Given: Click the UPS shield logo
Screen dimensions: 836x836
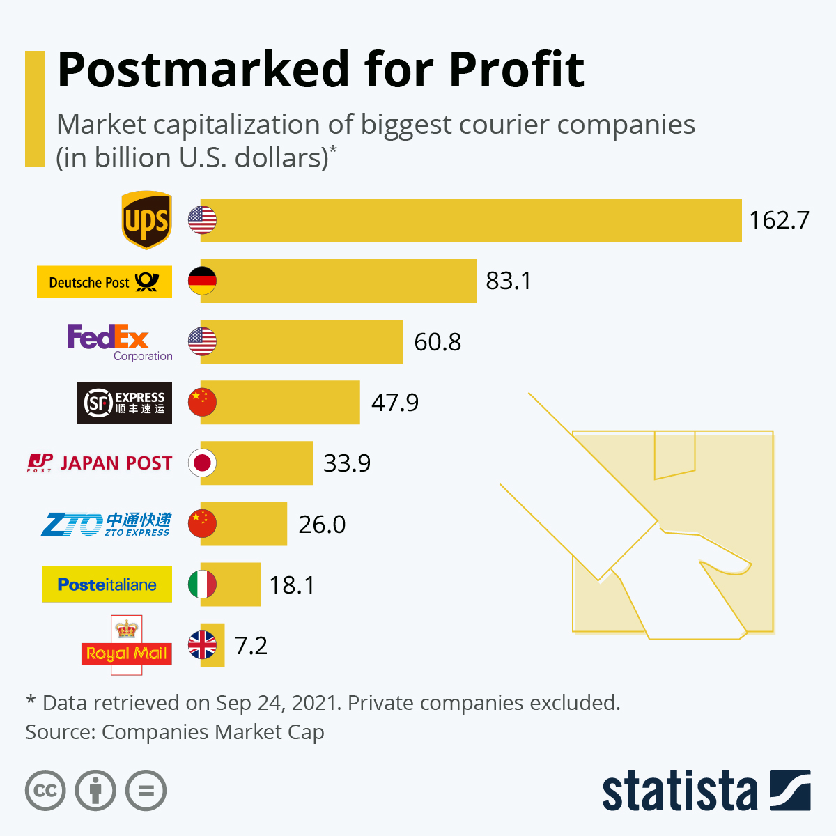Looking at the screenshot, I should click(146, 220).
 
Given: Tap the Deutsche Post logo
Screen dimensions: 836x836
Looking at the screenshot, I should click(104, 282).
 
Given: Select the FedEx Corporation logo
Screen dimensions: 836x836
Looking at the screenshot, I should click(119, 342).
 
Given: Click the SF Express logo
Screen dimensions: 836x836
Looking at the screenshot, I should click(124, 403).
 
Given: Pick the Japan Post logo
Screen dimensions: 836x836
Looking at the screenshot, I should click(100, 463).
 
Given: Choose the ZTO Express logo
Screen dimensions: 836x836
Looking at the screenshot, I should click(106, 524).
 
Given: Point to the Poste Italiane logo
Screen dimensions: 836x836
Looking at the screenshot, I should click(107, 585).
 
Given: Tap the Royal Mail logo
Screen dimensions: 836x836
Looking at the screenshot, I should click(126, 646).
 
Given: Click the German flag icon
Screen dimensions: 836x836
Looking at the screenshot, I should click(202, 281).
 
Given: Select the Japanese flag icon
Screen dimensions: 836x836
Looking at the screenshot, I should click(202, 463).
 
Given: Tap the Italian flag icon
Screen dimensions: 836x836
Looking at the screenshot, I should click(202, 585).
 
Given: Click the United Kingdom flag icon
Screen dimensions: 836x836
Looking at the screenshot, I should click(202, 646).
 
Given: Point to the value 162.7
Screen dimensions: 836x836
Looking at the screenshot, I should click(779, 220).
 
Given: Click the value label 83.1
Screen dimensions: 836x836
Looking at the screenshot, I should click(509, 281).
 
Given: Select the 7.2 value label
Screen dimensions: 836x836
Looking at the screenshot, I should click(251, 646).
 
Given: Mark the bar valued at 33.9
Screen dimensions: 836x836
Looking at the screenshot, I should click(265, 463).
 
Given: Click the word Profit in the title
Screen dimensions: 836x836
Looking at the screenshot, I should click(516, 70).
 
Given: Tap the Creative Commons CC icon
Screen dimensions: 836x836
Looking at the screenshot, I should click(45, 791).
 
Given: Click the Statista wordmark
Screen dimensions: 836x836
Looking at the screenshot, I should click(679, 791).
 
